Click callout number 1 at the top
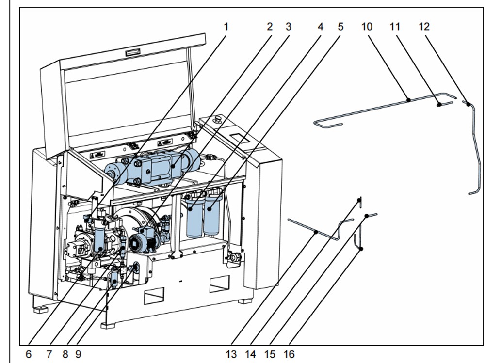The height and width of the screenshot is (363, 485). (x=226, y=26)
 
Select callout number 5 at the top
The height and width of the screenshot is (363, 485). (x=340, y=26)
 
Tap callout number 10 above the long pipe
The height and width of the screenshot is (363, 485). (x=367, y=26)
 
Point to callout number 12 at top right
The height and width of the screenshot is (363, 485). (x=424, y=26)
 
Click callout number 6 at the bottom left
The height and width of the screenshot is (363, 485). (x=29, y=354)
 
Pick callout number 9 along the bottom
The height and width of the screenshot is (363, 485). (x=78, y=354)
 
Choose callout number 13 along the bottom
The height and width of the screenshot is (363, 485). (x=231, y=354)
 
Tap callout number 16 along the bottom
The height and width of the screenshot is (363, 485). (x=289, y=354)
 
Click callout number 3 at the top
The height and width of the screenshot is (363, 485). (x=289, y=26)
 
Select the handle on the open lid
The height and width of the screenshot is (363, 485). (x=132, y=52)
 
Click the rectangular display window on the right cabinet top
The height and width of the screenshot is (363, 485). (x=239, y=139)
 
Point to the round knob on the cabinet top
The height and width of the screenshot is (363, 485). (x=217, y=118)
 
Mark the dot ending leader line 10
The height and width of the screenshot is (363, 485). (x=409, y=100)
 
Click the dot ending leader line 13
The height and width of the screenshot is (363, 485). (x=316, y=232)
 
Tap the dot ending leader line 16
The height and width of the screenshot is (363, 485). (x=361, y=249)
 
